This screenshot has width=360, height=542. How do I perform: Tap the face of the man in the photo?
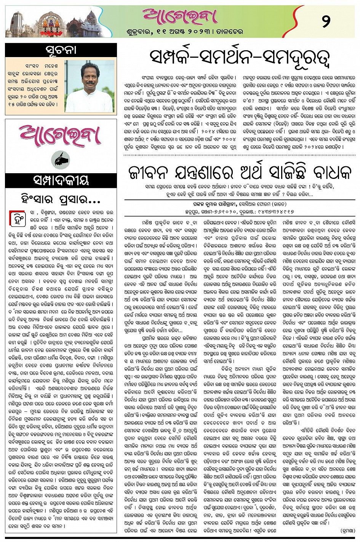(90, 75)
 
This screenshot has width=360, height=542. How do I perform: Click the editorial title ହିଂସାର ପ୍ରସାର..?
(61, 199)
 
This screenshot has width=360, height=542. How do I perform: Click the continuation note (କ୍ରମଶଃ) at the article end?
(344, 529)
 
